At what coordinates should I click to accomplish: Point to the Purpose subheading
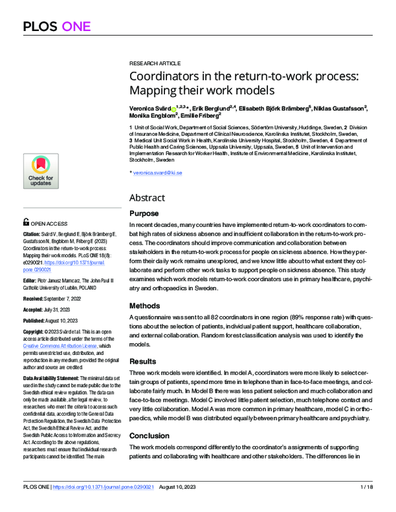[x=144, y=213]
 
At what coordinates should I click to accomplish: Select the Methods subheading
[x=145, y=306]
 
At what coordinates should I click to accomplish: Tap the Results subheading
[x=143, y=362]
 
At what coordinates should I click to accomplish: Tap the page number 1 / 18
[x=365, y=505]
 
